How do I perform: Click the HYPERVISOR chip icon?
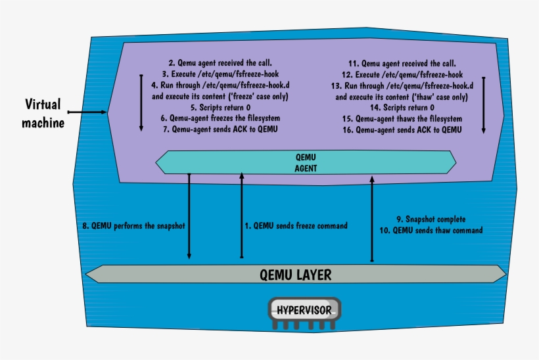coord(305,311)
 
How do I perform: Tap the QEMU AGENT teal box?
coord(305,162)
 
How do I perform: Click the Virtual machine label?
coord(43,113)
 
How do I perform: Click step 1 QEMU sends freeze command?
coord(296,225)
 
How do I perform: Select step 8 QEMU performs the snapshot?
coord(134,225)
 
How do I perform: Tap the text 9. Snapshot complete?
coord(431,219)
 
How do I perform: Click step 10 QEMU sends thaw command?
coord(431,231)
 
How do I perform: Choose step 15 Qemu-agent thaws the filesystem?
coord(402,119)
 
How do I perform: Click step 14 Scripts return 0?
coord(402,108)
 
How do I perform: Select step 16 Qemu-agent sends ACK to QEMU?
coord(402,130)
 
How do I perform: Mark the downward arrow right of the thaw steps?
coord(484,105)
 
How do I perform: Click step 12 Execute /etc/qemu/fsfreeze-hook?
coord(402,75)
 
